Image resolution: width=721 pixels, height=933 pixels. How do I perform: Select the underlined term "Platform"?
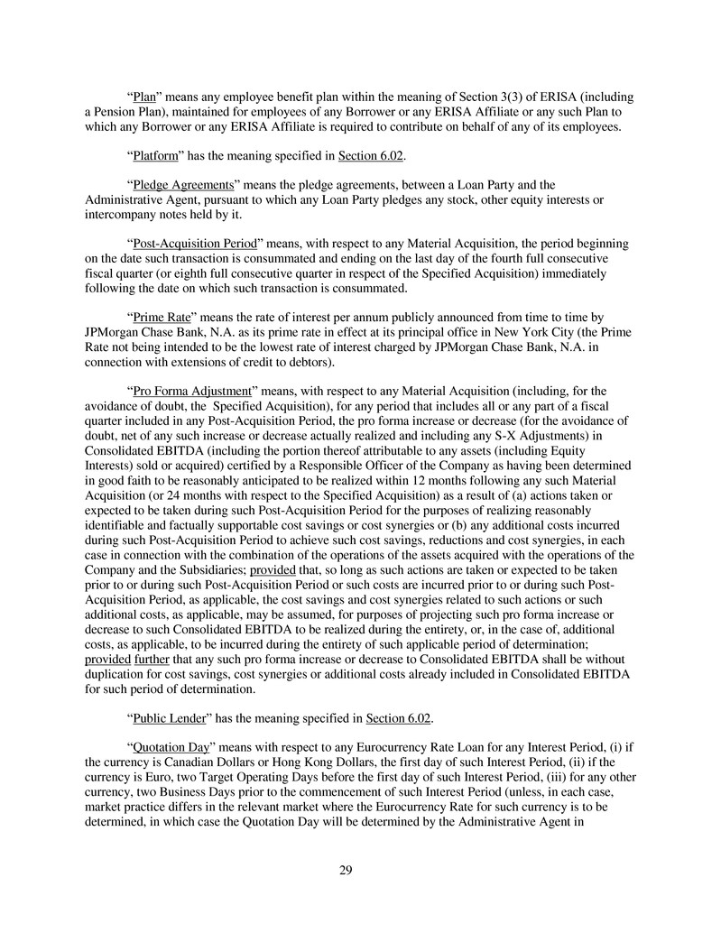154,156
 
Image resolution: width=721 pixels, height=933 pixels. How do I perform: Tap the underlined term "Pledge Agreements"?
183,186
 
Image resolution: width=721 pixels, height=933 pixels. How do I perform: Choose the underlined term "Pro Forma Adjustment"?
190,392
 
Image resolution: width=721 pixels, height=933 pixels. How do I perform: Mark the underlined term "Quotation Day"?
171,747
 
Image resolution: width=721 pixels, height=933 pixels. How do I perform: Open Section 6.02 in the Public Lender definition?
398,718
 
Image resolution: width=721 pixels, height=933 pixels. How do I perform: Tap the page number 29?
346,870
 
